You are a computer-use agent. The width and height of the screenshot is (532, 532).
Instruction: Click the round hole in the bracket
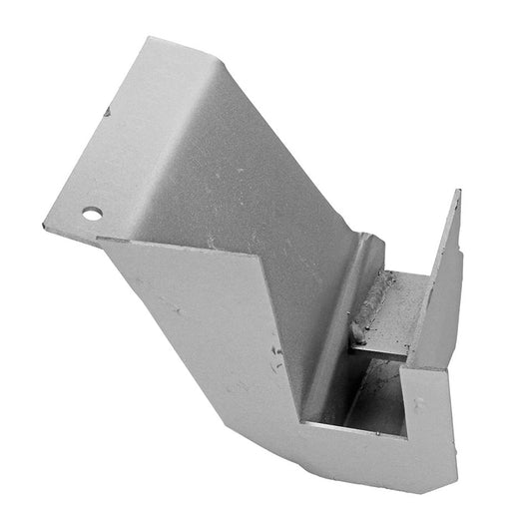[x=92, y=213]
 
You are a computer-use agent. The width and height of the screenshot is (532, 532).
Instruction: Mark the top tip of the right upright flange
[x=457, y=192]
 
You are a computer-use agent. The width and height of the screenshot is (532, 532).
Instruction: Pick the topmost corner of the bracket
[x=150, y=39]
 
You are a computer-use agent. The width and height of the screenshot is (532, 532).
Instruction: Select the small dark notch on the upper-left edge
[x=104, y=112]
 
